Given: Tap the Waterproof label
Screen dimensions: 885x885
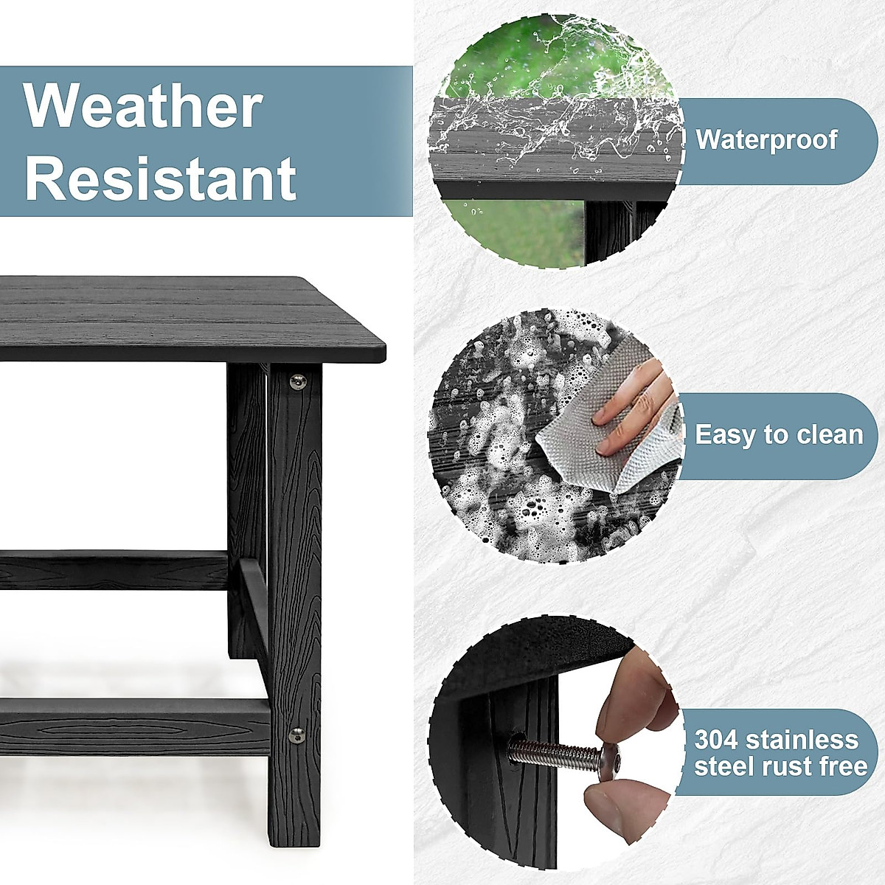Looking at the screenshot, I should [767, 139].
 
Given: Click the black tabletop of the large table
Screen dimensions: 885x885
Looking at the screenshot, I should [184, 317].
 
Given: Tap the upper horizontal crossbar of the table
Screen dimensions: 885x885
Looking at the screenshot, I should [111, 572].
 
